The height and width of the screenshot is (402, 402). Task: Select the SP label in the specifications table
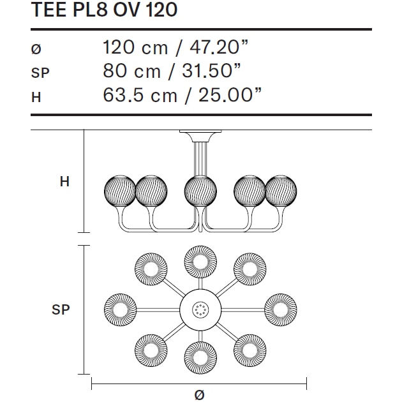(x=40, y=73)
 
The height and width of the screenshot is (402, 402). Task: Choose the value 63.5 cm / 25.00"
(x=182, y=95)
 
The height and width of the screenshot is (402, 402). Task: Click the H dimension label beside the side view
(x=64, y=182)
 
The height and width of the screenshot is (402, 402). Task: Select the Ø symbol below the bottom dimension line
(x=199, y=394)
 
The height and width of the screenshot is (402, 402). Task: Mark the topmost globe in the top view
(x=199, y=260)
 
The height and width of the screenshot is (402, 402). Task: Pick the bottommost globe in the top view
(x=199, y=358)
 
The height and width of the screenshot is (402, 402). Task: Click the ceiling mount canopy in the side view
(x=199, y=135)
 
